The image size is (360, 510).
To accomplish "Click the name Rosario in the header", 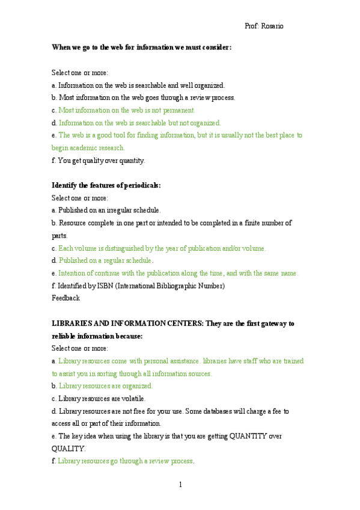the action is click(x=273, y=26).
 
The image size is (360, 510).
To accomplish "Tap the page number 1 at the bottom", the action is click(x=180, y=484).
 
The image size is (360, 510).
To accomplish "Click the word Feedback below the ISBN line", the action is click(x=66, y=298).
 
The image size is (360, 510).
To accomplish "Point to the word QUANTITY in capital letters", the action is click(x=254, y=436).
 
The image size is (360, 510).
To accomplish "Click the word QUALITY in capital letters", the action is click(x=69, y=449).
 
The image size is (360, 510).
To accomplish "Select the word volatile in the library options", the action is click(x=132, y=399).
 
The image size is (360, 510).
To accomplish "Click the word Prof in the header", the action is click(x=251, y=26).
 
